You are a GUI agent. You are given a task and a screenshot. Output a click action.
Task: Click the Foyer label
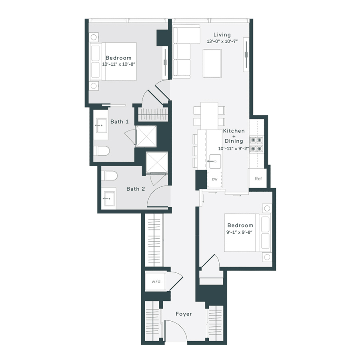tap(184, 314)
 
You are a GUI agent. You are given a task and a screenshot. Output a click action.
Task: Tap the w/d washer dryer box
tap(156, 282)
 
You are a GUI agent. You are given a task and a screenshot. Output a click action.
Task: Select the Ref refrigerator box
tap(258, 178)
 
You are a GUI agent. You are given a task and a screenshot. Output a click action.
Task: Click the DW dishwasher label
tap(215, 180)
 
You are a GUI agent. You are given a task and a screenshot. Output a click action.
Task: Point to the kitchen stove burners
tap(256, 144)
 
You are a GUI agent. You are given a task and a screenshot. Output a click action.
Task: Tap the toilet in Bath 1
tap(102, 151)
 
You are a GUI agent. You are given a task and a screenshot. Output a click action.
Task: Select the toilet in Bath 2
tap(109, 176)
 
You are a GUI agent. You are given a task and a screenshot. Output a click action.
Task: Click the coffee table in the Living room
tap(212, 63)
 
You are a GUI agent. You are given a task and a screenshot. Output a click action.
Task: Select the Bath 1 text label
tap(119, 122)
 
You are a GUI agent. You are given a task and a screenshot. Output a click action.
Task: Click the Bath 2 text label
tap(136, 189)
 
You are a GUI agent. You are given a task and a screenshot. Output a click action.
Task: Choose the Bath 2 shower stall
tap(156, 163)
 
